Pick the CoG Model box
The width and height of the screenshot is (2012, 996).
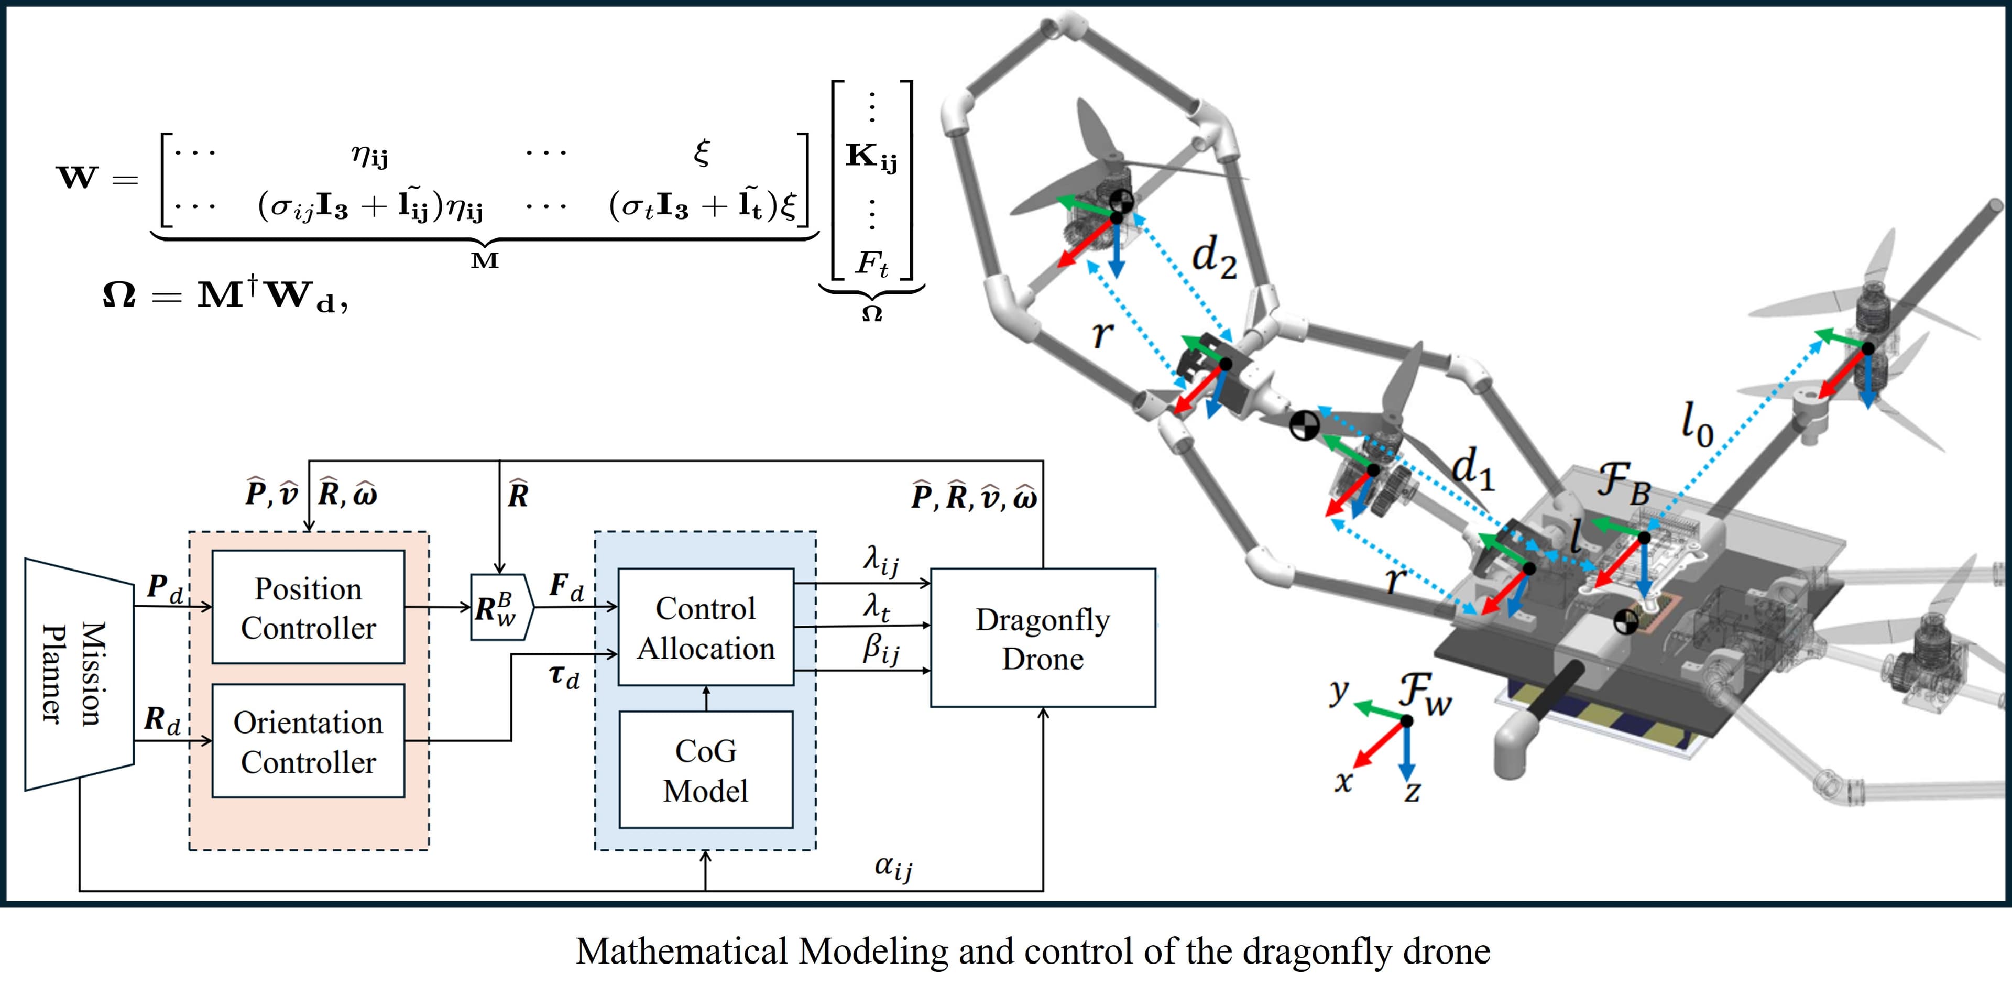click(x=705, y=770)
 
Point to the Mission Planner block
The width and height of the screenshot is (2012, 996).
click(x=78, y=673)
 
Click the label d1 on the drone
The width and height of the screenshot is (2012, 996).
click(x=1472, y=469)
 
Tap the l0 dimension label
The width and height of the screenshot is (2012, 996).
click(x=1697, y=424)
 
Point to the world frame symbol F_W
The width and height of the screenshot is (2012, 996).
click(x=1425, y=693)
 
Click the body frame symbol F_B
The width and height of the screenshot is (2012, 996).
click(x=1623, y=482)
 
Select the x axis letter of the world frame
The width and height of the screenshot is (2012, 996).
click(x=1342, y=780)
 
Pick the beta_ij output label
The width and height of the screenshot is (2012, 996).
click(x=880, y=649)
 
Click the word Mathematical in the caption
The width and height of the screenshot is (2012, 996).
click(x=681, y=951)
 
